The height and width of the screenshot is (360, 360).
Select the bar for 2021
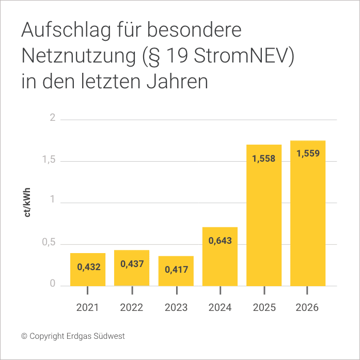pyautogui.click(x=88, y=269)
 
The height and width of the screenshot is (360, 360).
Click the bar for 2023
pyautogui.click(x=176, y=271)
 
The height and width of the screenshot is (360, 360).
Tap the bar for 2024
pyautogui.click(x=220, y=256)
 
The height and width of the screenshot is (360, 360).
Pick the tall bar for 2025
pyautogui.click(x=264, y=215)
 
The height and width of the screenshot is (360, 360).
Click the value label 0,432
pyautogui.click(x=88, y=267)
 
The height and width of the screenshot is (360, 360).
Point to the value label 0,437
pyautogui.click(x=132, y=264)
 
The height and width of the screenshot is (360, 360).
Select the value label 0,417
pyautogui.click(x=176, y=269)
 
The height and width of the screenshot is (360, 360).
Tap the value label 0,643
pyautogui.click(x=220, y=241)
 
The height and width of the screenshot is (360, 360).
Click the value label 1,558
pyautogui.click(x=264, y=159)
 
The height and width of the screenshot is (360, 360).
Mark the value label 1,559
pyautogui.click(x=308, y=153)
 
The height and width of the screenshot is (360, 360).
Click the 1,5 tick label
pyautogui.click(x=49, y=161)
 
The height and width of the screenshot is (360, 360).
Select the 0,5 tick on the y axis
pyautogui.click(x=49, y=244)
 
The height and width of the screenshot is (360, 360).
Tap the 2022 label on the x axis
pyautogui.click(x=132, y=308)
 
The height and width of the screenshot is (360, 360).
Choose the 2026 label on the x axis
pyautogui.click(x=308, y=308)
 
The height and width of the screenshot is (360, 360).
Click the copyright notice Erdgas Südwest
pyautogui.click(x=73, y=336)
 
